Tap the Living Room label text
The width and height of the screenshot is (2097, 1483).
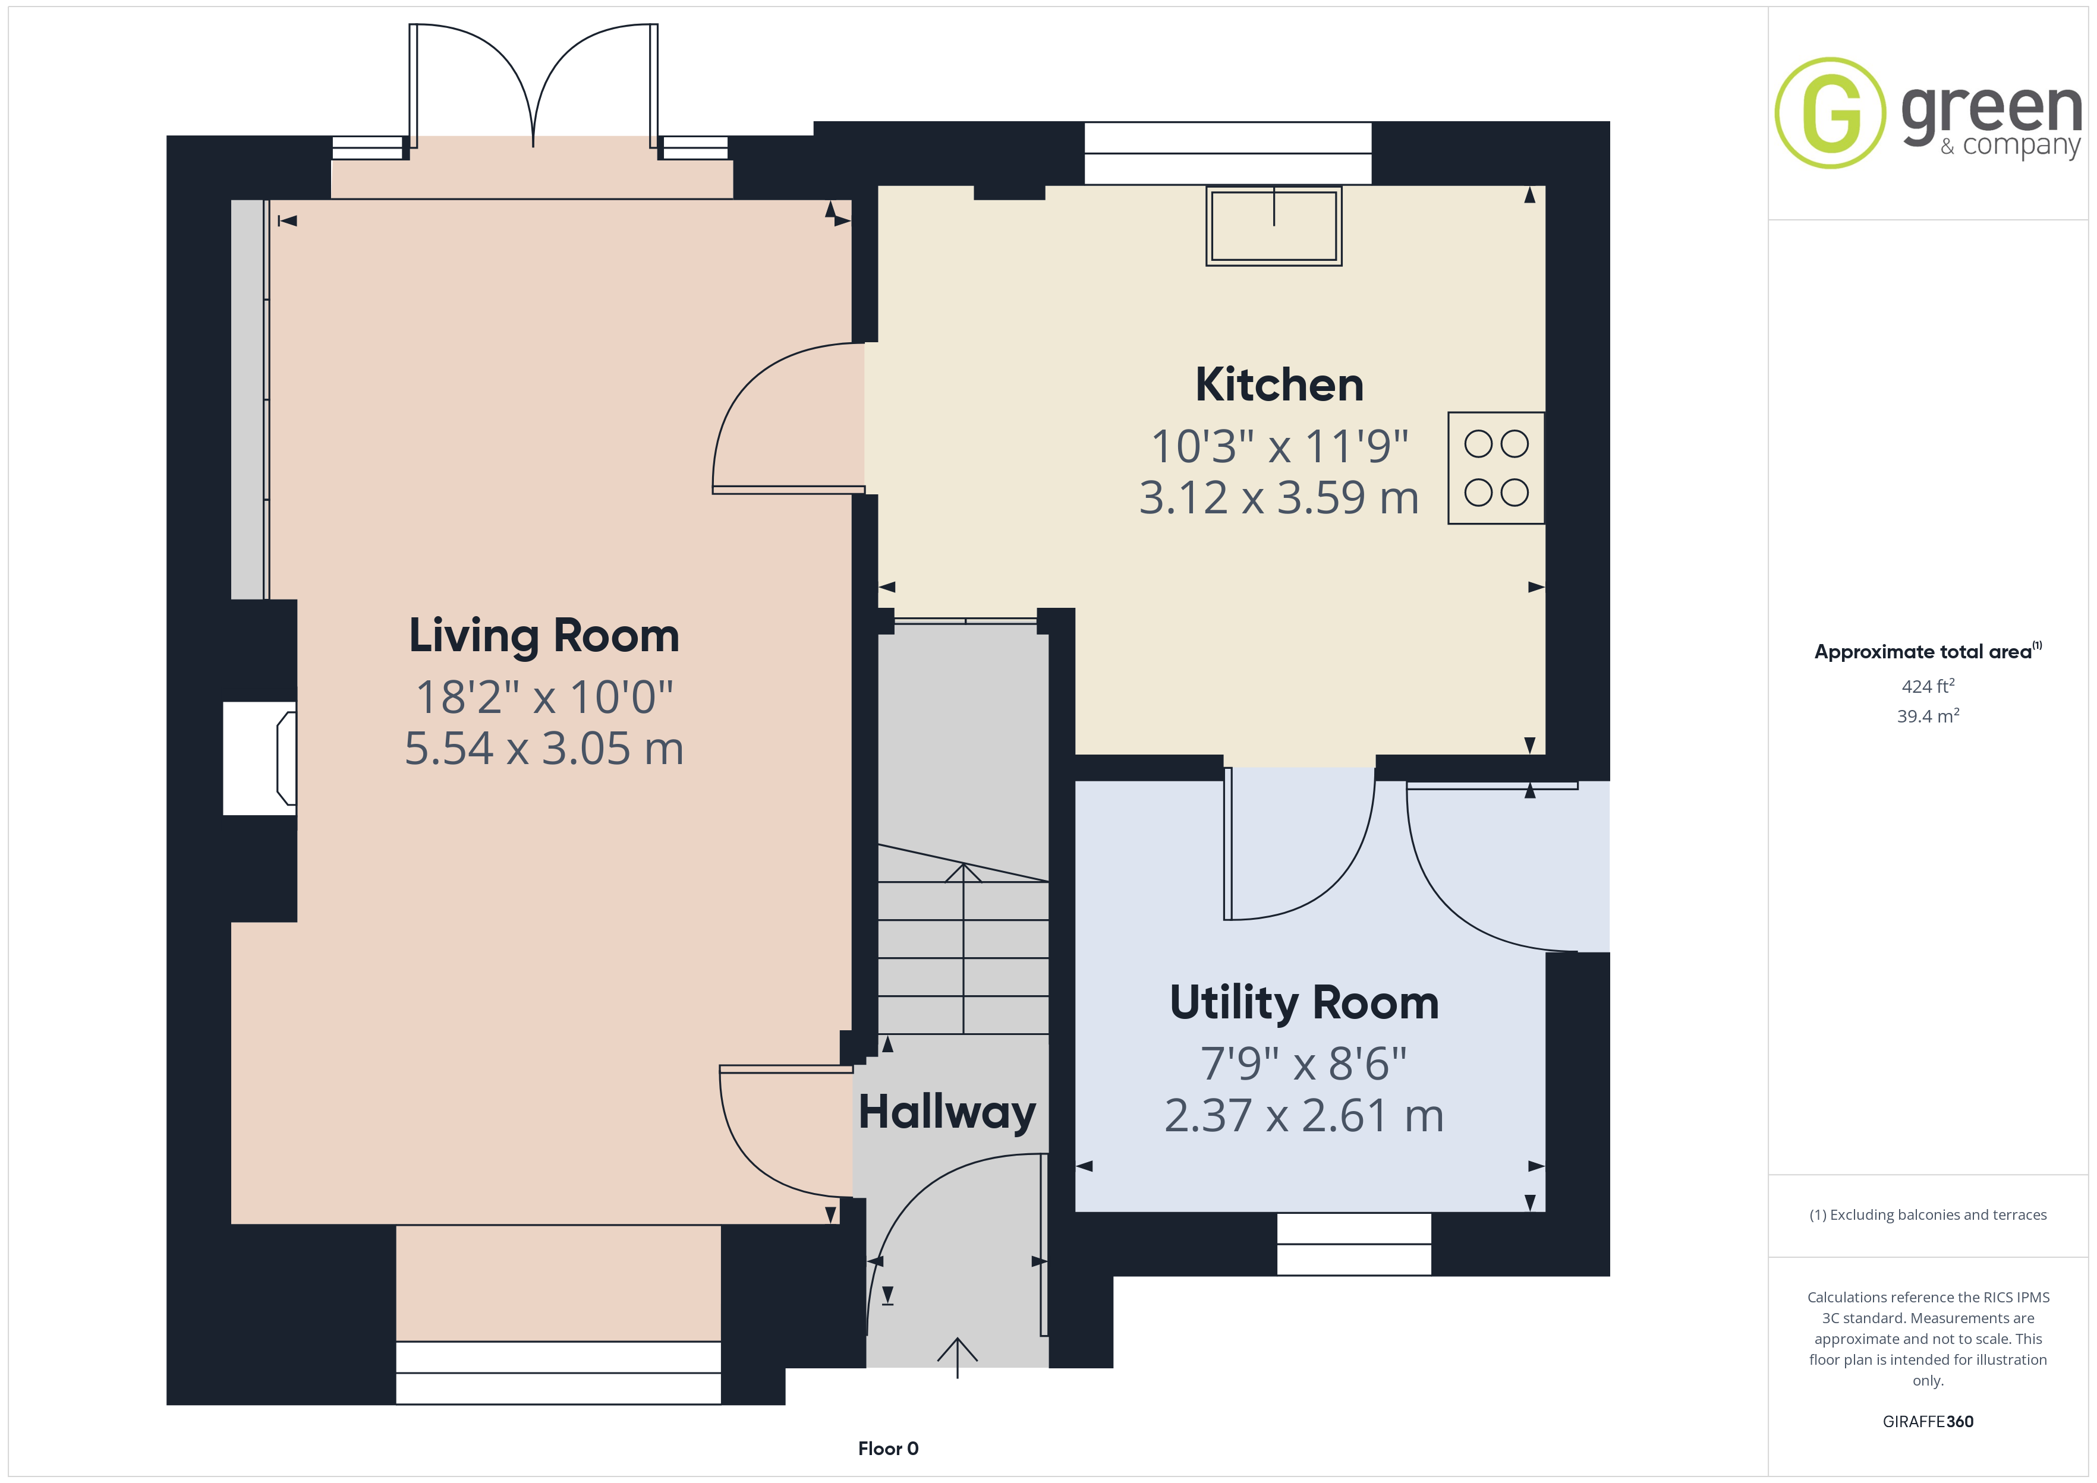[544, 636]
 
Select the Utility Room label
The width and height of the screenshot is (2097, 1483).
[1304, 1004]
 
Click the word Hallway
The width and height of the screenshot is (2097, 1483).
[947, 1113]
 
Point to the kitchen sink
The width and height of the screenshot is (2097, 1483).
[1274, 226]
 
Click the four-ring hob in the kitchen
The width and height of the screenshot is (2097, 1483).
[1496, 468]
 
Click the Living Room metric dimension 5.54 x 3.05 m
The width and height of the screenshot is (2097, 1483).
[544, 749]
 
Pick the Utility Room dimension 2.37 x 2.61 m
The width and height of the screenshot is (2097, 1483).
[1304, 1116]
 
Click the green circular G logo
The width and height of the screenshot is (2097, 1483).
[1830, 113]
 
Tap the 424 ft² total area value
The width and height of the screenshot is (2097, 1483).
[1928, 686]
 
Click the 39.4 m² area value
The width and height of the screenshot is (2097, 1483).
[1928, 716]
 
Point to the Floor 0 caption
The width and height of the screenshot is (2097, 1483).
[888, 1449]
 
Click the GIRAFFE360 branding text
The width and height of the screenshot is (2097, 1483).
[1928, 1422]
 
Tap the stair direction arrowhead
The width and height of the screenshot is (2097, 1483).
[964, 872]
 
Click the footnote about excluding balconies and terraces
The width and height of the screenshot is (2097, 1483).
[1928, 1214]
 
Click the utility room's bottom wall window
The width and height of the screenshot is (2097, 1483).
[1353, 1244]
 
